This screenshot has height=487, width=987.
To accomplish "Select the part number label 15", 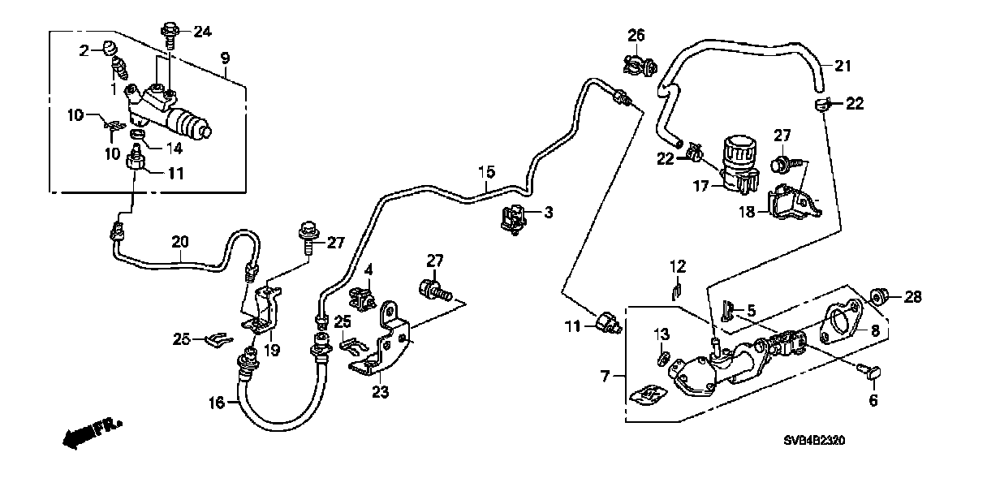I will (x=485, y=172).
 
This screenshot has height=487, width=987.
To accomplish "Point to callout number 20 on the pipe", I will (x=180, y=241).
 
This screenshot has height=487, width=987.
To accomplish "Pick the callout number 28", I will (x=913, y=298).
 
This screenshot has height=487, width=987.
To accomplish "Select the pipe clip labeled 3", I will (x=513, y=218).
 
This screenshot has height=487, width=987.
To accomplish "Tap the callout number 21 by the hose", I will (x=843, y=66).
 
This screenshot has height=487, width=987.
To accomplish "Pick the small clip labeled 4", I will (x=362, y=297).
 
